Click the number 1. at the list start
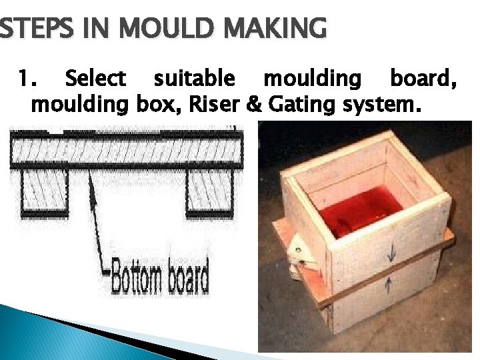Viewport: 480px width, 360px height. point(26,79)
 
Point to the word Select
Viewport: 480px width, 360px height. point(95,79)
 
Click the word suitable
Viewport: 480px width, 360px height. point(194,79)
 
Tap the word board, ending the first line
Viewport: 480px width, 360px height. point(423,79)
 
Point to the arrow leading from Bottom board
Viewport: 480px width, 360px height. point(99,220)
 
